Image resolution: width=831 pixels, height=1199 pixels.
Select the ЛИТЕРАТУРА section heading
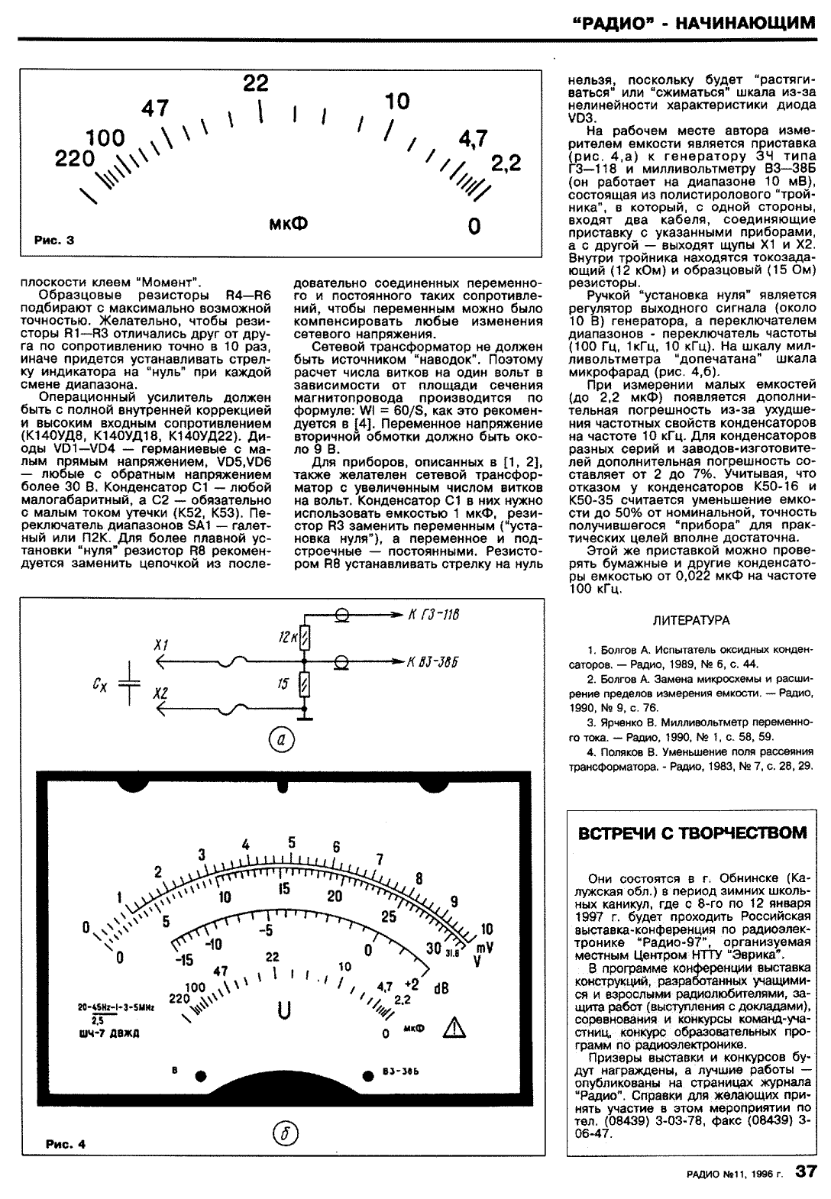[x=691, y=619]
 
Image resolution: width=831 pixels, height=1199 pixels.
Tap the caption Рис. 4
[x=65, y=1143]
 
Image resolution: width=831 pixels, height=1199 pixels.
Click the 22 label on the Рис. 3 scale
[x=257, y=83]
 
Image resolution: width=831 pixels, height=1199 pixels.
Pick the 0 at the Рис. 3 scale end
[x=474, y=226]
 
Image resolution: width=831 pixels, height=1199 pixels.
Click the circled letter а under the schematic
[x=283, y=739]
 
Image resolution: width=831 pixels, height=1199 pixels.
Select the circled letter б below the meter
[x=285, y=1133]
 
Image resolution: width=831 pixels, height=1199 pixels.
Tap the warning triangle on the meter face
[x=456, y=1027]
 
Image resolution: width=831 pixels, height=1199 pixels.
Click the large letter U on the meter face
[x=284, y=1010]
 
